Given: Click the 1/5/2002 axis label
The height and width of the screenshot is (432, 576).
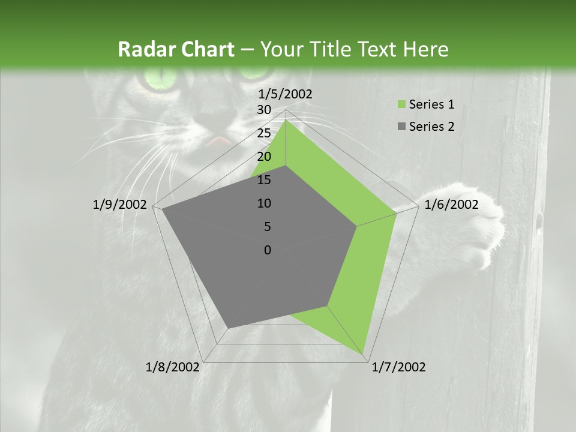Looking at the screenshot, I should tap(285, 94).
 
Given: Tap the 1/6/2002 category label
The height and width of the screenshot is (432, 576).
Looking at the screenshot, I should tap(451, 205).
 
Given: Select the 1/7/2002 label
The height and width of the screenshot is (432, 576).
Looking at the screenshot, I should tap(398, 367).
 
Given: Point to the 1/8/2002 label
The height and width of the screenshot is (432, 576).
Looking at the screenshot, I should tap(173, 367).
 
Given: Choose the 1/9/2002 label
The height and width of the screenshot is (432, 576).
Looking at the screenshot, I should tap(120, 205).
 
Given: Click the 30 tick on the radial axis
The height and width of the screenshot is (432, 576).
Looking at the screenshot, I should tap(263, 110).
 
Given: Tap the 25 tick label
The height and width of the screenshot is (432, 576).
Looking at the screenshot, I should tap(263, 133).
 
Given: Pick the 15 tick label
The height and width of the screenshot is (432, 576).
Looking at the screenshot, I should tap(263, 180).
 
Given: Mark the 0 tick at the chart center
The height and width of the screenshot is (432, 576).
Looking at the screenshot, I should tap(268, 250).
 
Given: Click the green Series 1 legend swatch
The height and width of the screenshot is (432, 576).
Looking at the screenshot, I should tap(401, 105).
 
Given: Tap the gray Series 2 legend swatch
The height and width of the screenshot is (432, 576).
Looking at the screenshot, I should tap(401, 127).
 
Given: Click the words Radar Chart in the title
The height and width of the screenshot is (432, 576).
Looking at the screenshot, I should tap(176, 49).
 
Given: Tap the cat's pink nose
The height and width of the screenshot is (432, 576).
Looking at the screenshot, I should tap(220, 142).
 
